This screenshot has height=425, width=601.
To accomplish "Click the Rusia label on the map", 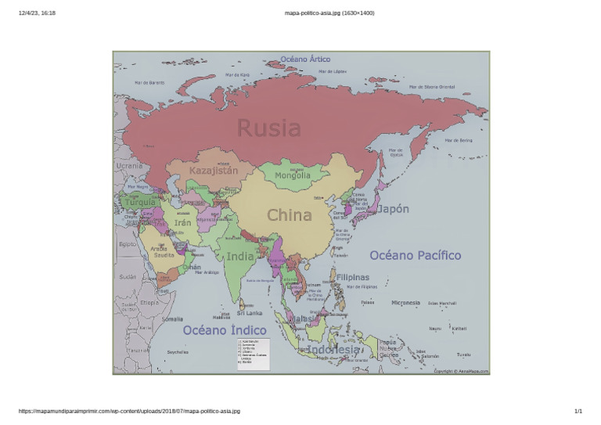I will [268, 128].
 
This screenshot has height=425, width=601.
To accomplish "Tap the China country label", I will [290, 214].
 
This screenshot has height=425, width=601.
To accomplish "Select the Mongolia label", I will [292, 175].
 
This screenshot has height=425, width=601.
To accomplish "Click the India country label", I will [240, 256].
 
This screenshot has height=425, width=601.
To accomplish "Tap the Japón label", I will [393, 209].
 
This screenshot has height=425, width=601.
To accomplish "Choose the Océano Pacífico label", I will [415, 255].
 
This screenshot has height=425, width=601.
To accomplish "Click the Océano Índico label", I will [225, 330].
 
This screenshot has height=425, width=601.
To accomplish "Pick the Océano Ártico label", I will [305, 59].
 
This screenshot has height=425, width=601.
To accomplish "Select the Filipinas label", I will [352, 277].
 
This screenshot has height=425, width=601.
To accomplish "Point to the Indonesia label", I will [333, 349].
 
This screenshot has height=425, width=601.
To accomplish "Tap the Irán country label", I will [182, 223].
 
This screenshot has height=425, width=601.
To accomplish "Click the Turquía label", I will [141, 203].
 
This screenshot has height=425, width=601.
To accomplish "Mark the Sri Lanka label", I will [249, 313].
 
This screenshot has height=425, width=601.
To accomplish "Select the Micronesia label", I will [406, 302].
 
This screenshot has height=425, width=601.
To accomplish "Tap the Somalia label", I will [172, 319].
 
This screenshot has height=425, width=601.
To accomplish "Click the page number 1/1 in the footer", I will [578, 411].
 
